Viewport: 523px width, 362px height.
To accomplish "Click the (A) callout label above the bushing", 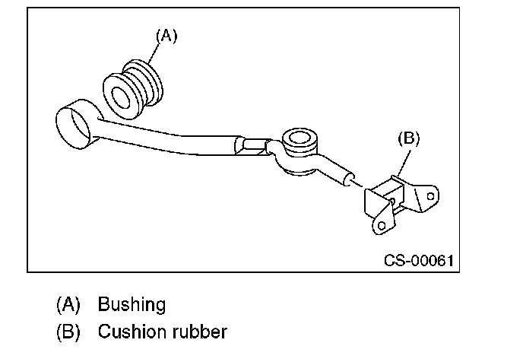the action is (166, 36).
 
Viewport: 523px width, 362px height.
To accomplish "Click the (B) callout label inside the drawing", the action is (409, 138).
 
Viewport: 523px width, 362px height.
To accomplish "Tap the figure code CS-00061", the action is (419, 261).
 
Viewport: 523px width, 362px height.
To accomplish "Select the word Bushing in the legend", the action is (132, 305).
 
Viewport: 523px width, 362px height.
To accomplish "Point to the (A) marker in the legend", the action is (68, 305).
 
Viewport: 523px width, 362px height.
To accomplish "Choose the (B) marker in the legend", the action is (68, 332).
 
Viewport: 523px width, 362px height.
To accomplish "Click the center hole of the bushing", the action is (120, 97).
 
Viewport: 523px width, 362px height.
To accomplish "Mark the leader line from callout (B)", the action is (403, 162).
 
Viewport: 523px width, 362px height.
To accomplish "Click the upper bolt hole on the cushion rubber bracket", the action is (430, 196).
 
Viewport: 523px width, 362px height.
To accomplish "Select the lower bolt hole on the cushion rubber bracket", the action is (382, 226).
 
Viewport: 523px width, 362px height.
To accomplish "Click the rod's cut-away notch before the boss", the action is (253, 146).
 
